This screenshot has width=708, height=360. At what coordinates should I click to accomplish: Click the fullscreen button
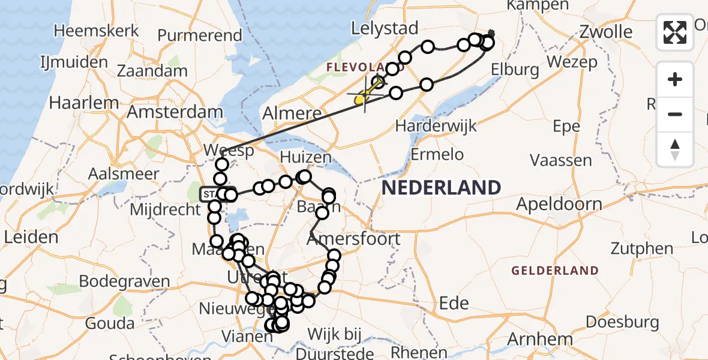click(675, 32)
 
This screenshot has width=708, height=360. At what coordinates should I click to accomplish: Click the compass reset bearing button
click(675, 149)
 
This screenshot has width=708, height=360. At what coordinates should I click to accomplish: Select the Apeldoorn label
click(559, 204)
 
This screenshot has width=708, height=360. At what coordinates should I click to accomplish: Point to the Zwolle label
click(606, 31)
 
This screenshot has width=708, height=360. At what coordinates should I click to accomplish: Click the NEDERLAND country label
click(441, 188)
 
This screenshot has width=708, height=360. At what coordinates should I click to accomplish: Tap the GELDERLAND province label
click(555, 271)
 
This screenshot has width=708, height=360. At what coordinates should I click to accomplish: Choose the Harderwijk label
click(436, 127)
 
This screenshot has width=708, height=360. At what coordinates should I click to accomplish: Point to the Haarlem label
click(81, 103)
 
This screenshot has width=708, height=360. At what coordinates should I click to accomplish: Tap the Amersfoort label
click(353, 239)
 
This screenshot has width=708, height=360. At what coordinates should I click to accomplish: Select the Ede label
click(454, 303)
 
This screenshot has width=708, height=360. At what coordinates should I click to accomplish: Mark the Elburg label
click(514, 70)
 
